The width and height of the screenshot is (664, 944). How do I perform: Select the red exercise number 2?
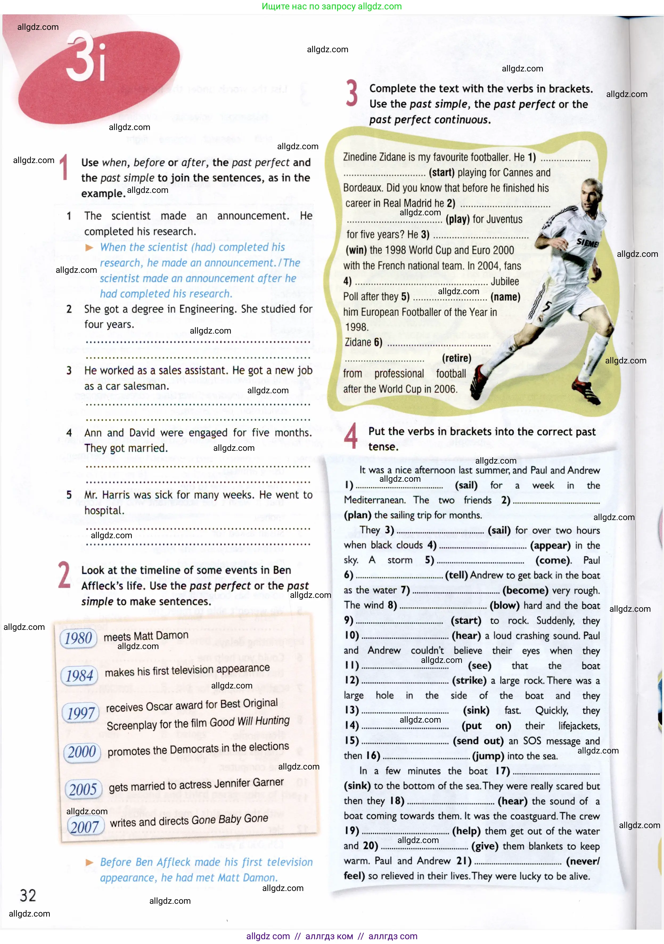[64, 575]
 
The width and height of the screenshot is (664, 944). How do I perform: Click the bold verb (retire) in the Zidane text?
[457, 358]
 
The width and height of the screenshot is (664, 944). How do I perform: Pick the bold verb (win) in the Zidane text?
[356, 250]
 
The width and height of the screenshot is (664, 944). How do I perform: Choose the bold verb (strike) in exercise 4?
[469, 680]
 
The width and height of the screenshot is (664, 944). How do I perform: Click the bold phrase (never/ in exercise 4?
[583, 861]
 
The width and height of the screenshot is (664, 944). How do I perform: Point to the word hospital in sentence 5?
[104, 511]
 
